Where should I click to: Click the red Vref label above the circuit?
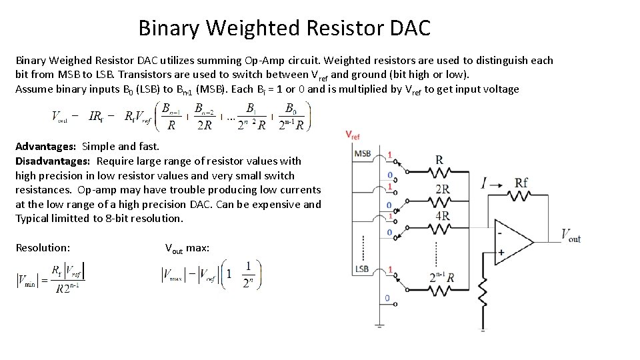click(353, 135)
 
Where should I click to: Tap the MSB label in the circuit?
click(363, 153)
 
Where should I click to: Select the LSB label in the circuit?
click(363, 269)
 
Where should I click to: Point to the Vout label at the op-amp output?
click(571, 235)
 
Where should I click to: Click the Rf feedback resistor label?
click(522, 183)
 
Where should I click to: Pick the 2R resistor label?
click(442, 189)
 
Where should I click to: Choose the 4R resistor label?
click(442, 216)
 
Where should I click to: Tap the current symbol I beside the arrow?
click(484, 183)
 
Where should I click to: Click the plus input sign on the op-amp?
click(501, 253)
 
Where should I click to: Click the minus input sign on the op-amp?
click(500, 233)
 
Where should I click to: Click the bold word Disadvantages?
click(53, 161)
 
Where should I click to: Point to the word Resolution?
click(43, 247)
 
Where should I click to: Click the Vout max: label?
click(187, 248)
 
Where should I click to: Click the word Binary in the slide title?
click(169, 28)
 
